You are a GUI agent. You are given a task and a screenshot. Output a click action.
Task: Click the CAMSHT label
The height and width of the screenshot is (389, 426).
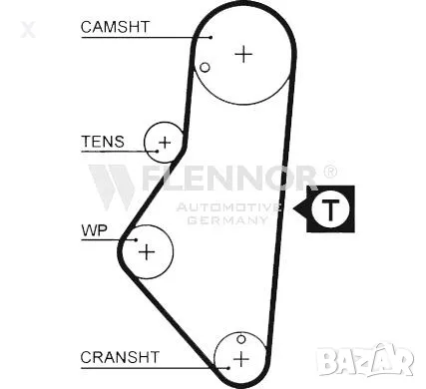tap(115, 27)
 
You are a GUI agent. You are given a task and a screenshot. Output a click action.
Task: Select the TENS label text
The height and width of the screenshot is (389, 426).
tap(103, 142)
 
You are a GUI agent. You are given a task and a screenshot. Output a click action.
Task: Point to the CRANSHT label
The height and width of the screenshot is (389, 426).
tap(120, 356)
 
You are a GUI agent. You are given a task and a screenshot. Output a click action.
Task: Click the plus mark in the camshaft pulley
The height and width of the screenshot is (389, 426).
tap(243, 53)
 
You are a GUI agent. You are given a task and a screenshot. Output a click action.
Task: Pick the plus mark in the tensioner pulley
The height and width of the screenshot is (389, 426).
tap(165, 143)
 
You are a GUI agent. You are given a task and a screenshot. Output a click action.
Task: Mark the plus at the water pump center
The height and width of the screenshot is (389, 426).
tap(147, 250)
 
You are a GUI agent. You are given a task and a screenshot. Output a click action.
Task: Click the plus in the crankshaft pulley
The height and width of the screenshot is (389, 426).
tap(240, 357)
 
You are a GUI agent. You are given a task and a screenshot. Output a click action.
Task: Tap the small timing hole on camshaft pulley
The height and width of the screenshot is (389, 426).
tap(205, 68)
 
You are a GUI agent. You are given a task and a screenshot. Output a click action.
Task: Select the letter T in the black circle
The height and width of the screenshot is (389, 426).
tap(329, 209)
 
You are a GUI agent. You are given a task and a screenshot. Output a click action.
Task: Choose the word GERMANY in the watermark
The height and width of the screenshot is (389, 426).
tap(227, 218)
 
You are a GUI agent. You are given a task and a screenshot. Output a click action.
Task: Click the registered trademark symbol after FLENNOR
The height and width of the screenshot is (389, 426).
tap(329, 172)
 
